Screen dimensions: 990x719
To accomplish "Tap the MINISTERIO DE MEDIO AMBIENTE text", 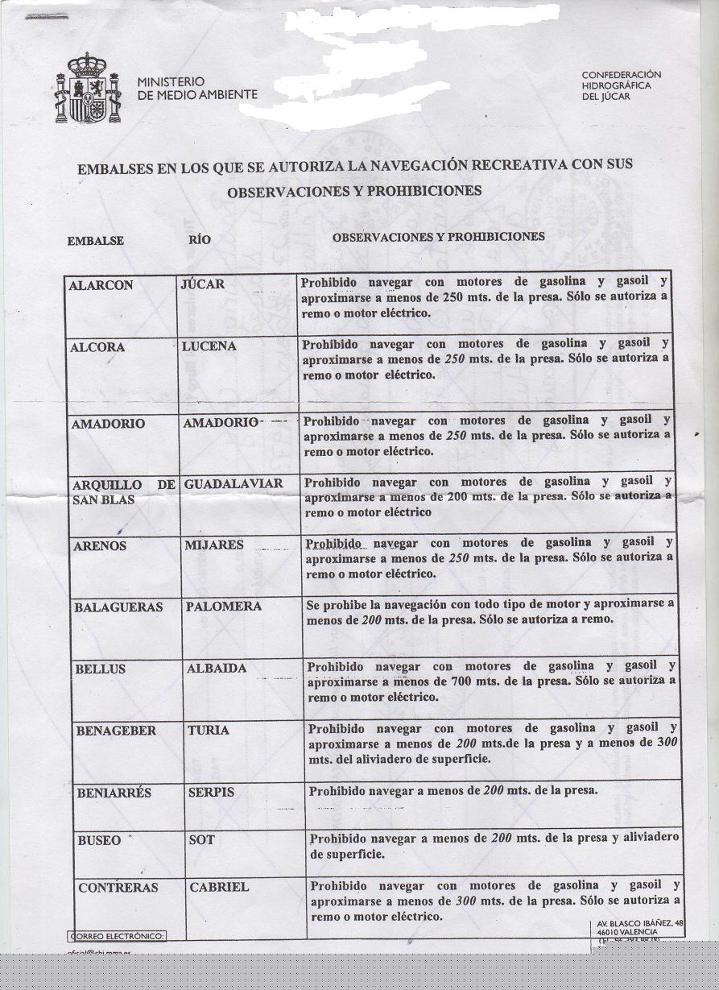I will [196, 88].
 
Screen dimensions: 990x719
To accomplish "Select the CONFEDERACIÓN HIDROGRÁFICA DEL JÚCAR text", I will [621, 85].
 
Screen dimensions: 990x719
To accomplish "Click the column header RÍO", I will [200, 239].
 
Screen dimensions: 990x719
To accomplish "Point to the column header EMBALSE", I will [95, 241].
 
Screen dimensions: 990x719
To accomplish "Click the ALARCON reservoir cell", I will [101, 285].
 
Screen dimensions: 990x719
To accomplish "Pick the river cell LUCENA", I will [209, 346].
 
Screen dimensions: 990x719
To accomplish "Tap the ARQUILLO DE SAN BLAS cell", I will [123, 491].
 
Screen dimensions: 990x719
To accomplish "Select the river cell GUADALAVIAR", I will [233, 484].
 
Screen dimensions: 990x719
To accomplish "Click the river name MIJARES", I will [214, 545].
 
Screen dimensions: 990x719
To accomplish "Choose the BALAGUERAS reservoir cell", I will [118, 607].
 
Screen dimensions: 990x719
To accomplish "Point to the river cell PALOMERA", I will [224, 607].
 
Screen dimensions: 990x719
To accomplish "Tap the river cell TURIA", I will [209, 730].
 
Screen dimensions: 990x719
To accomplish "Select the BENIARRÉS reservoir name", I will [114, 793].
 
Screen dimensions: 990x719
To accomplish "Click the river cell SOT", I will [202, 839].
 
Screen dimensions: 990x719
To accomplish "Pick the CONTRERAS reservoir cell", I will [118, 887].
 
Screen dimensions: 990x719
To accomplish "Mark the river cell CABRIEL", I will [219, 887].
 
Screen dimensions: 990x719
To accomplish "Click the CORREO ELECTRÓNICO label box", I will [118, 936].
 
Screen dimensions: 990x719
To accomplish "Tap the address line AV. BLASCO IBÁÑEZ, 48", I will [640, 923].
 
